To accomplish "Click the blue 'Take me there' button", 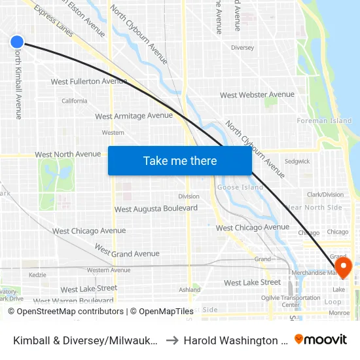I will click(x=179, y=160).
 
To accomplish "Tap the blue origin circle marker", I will click(x=17, y=42).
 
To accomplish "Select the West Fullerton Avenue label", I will click(x=89, y=81).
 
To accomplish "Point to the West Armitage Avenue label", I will click(x=134, y=116).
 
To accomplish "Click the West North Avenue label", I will click(x=68, y=154).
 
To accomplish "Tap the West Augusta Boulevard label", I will click(x=156, y=209).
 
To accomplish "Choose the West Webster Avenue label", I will click(x=257, y=95).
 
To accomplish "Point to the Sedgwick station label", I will click(x=297, y=161).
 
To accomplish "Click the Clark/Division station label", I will click(x=325, y=194).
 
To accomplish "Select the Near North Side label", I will click(x=314, y=207).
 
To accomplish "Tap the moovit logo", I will click(x=321, y=339).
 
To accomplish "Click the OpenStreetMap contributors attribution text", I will click(x=65, y=312).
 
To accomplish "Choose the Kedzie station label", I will click(x=37, y=275).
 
